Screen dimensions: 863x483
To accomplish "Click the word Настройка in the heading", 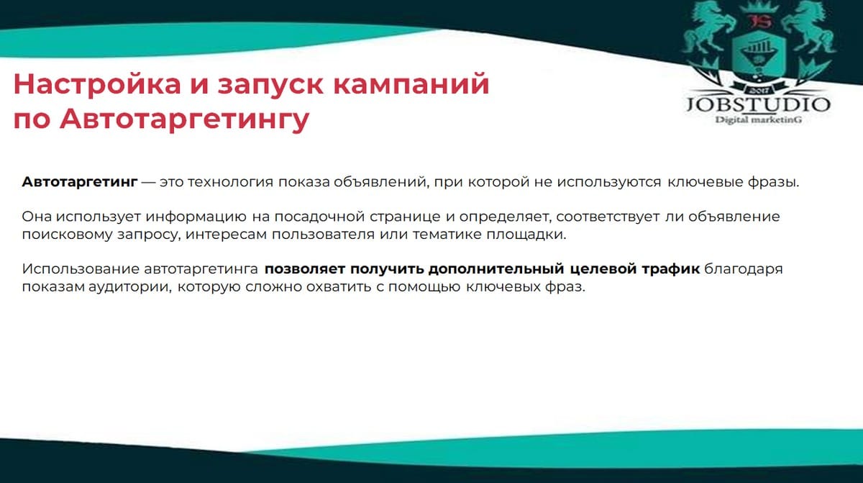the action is click(97, 83).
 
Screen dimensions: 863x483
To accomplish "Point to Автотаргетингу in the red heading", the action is click(185, 119).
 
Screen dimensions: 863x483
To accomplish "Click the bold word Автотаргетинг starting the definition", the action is click(80, 182).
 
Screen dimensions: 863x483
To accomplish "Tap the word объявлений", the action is click(381, 182).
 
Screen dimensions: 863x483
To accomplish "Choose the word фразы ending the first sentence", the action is click(774, 183).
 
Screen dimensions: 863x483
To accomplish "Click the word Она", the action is click(37, 217).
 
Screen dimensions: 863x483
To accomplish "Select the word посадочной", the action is click(319, 217).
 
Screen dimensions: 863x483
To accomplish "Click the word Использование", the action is click(81, 268).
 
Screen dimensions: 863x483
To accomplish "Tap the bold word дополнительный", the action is click(496, 268).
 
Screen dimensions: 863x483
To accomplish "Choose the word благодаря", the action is click(744, 269).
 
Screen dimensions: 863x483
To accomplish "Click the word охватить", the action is click(339, 287).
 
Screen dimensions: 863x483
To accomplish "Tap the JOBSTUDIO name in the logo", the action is click(758, 105).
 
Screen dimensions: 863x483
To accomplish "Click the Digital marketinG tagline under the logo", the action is click(759, 120).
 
